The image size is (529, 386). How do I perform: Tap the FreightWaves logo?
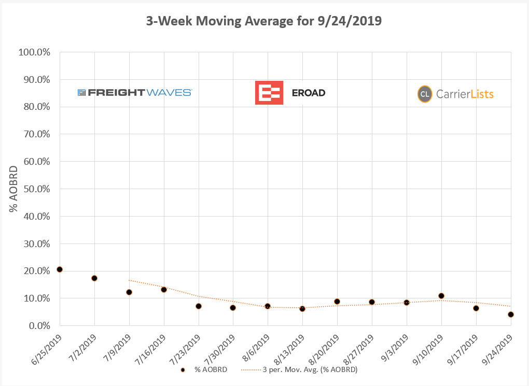tap(135, 93)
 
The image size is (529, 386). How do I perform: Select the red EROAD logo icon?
tap(269, 93)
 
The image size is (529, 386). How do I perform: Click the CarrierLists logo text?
tap(464, 94)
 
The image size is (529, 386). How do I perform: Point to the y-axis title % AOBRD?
tap(14, 189)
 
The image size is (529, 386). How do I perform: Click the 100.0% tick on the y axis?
tap(35, 52)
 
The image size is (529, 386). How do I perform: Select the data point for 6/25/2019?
tap(60, 269)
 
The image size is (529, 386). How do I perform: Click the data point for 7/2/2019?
tap(94, 278)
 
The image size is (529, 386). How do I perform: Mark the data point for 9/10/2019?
tap(441, 296)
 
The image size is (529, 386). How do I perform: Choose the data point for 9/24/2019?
tap(511, 314)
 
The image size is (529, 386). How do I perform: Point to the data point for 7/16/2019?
tap(164, 290)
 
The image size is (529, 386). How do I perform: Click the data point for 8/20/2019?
tap(337, 302)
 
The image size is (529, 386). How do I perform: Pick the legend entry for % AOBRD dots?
tap(205, 370)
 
